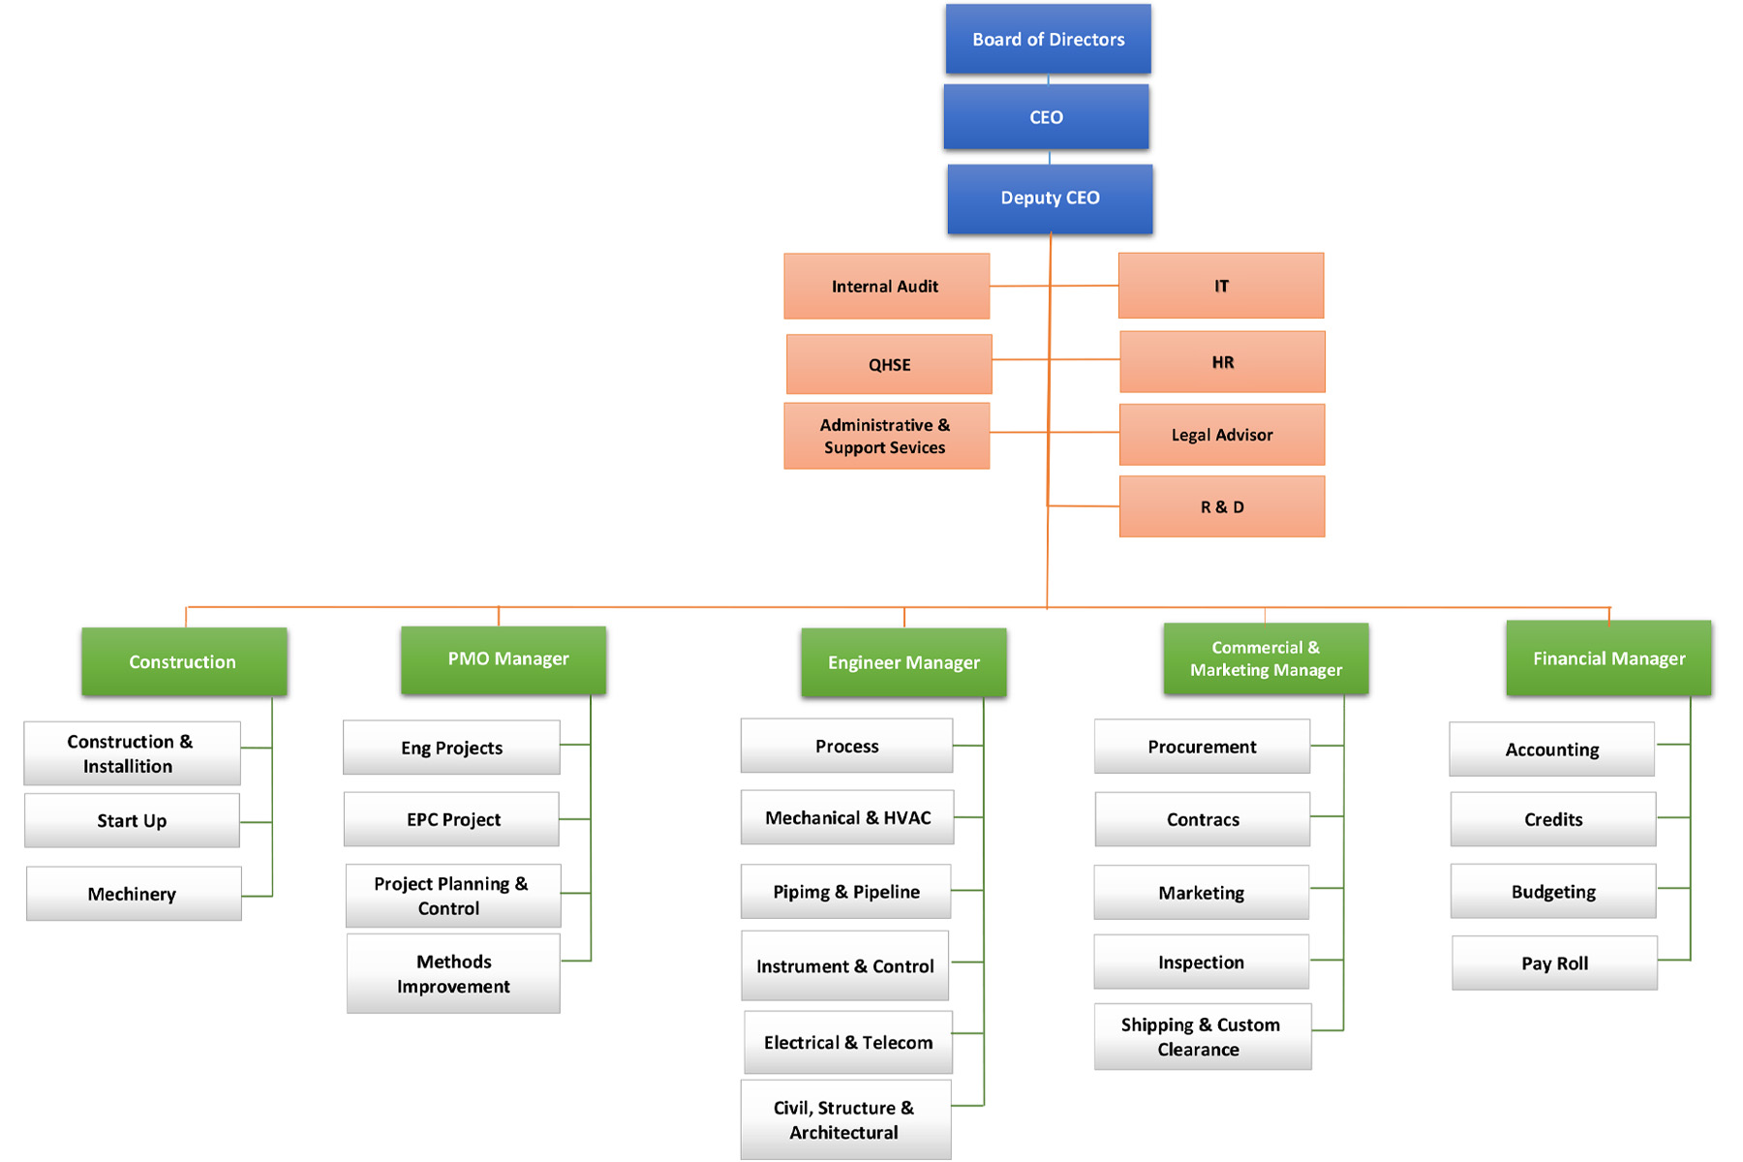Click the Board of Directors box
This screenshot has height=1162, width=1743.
click(x=1048, y=40)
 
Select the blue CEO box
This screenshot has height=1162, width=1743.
click(x=1046, y=117)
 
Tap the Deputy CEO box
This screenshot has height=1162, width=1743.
click(x=1050, y=199)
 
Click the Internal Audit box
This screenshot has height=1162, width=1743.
click(x=886, y=287)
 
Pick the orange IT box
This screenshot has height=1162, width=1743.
click(x=1221, y=287)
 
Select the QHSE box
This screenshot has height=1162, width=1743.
click(x=889, y=365)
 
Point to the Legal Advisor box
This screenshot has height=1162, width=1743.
click(x=1222, y=435)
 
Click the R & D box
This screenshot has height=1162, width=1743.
click(x=1222, y=506)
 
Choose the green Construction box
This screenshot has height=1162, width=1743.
click(x=184, y=662)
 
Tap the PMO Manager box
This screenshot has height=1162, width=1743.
click(x=504, y=659)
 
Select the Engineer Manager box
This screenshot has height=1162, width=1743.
click(x=903, y=663)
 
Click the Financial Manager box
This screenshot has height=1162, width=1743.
click(x=1608, y=659)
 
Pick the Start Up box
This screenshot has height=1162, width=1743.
click(x=132, y=821)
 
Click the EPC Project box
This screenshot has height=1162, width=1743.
click(x=452, y=820)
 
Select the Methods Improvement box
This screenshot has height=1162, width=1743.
click(x=453, y=974)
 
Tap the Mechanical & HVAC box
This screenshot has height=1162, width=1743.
click(x=847, y=818)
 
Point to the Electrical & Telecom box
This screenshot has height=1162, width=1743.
click(x=848, y=1043)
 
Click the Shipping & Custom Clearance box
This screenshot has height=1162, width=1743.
click(x=1202, y=1037)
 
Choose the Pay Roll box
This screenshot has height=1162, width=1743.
click(x=1554, y=963)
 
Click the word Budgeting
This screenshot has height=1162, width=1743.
click(x=1553, y=892)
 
